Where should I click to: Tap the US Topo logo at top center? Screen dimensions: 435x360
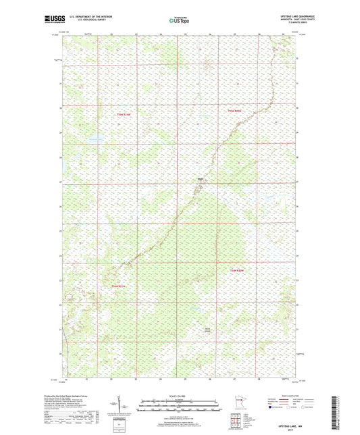tap(179, 21)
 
